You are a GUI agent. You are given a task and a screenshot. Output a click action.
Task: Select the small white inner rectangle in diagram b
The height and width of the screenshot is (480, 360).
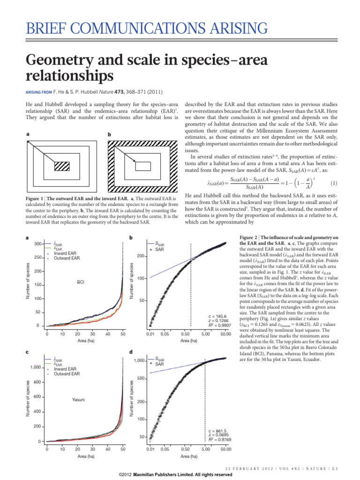click(143, 165)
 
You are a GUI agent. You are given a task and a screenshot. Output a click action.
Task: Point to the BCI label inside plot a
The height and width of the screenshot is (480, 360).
click(81, 282)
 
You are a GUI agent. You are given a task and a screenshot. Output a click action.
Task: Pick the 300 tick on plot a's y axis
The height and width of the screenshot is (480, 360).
click(37, 244)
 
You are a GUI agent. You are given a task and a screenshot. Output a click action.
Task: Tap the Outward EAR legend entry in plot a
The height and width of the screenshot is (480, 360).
click(65, 258)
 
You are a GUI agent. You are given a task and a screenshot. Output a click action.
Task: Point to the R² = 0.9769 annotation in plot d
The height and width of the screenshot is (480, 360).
click(217, 439)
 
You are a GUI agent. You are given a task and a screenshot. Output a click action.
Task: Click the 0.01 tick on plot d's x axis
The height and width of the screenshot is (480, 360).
click(150, 450)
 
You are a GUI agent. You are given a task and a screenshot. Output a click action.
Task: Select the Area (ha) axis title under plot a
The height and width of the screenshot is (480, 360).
click(84, 341)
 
